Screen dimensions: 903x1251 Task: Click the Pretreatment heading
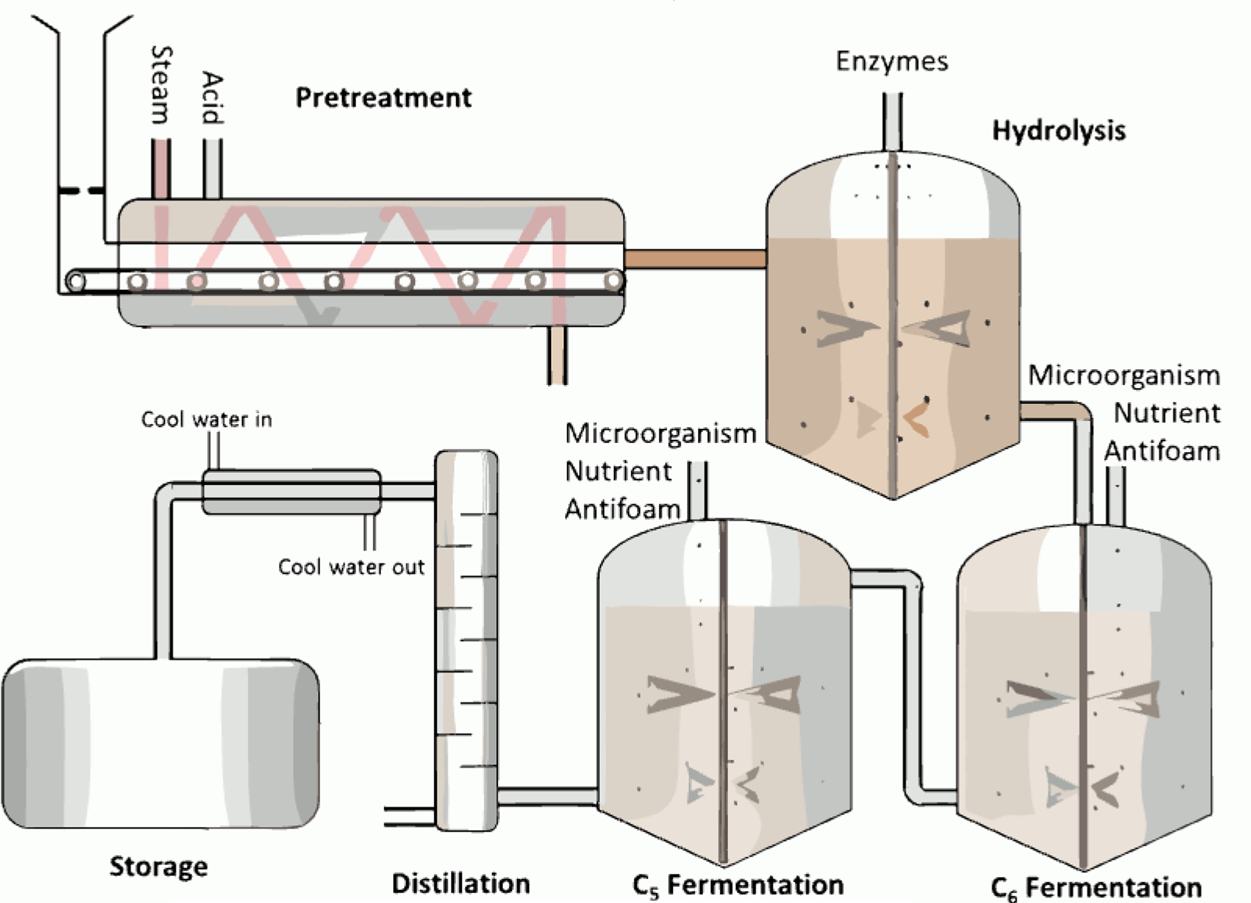(384, 98)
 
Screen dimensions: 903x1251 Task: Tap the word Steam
(161, 85)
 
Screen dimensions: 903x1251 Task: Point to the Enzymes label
(892, 61)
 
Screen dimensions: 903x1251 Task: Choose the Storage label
(158, 867)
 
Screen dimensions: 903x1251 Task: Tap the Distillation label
(461, 884)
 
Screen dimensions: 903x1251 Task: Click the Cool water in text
(206, 419)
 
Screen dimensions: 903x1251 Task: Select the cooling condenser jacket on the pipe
(291, 491)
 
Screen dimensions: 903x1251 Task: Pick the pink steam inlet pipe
(161, 168)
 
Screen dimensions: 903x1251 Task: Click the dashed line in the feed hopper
(81, 191)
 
